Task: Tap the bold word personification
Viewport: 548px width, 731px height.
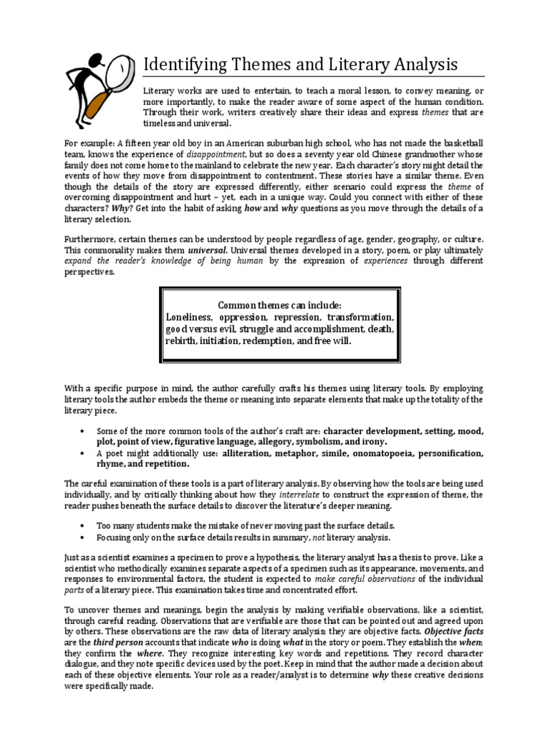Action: pos(450,453)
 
